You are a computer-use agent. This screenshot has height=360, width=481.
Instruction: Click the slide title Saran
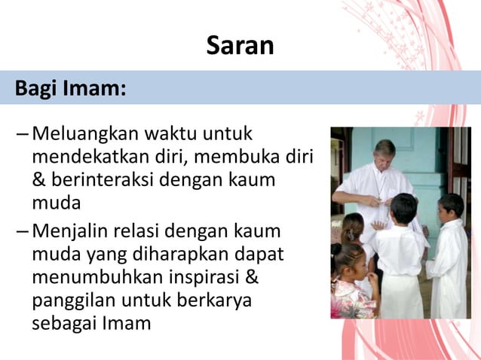coord(240,47)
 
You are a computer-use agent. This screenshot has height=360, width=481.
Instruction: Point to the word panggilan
coord(73,301)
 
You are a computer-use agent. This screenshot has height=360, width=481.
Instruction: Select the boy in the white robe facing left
coord(448,260)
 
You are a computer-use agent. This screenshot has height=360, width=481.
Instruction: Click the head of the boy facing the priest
coord(404,209)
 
